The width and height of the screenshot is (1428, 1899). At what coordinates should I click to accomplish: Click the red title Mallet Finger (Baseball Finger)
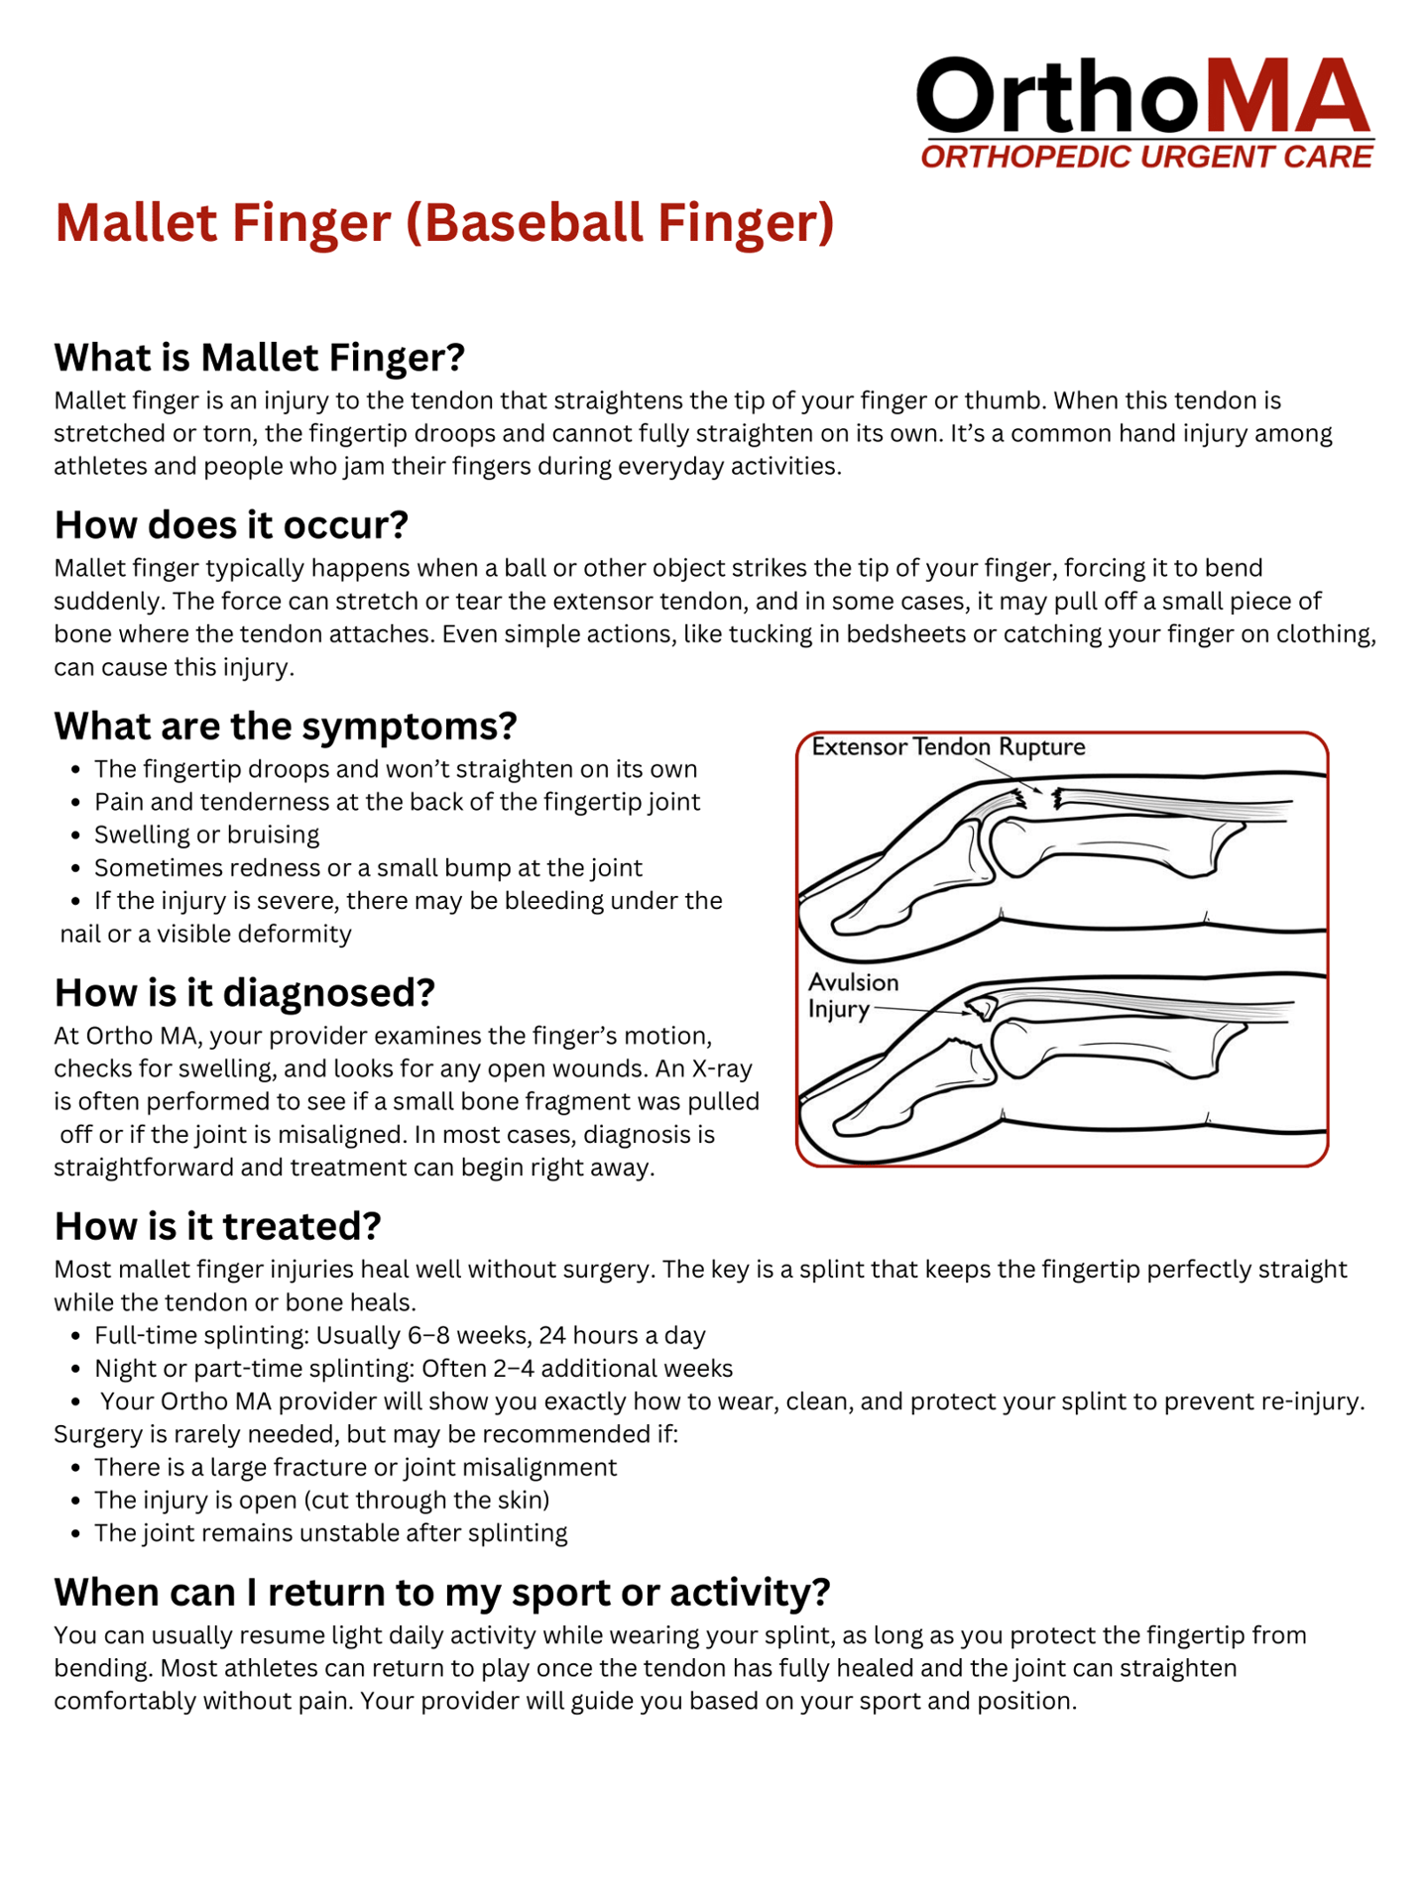point(444,222)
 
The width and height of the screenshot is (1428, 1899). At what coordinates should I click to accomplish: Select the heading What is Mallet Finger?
point(259,358)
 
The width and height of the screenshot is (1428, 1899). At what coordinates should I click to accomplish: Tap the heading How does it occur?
point(231,525)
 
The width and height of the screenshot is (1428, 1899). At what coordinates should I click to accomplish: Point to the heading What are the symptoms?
point(286,726)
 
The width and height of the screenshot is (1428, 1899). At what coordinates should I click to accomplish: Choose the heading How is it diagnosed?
point(245,993)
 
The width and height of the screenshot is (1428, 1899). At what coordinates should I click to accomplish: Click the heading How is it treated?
point(217,1227)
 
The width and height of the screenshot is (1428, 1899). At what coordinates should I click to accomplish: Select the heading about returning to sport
point(441,1593)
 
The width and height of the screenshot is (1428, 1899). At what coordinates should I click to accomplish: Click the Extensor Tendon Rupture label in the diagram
point(948,747)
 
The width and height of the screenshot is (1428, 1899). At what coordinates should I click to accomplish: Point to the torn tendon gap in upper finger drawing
point(1041,797)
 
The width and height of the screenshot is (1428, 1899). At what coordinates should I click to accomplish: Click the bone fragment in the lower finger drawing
point(983,1008)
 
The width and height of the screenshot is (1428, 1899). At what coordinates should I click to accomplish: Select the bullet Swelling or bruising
point(206,835)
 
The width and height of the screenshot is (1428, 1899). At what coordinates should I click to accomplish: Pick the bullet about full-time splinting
point(400,1336)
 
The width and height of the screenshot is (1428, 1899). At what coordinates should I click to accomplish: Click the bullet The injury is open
point(321,1501)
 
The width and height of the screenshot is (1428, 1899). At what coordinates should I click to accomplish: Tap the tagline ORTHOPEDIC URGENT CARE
point(1146,157)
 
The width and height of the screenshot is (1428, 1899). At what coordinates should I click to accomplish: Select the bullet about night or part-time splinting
point(414,1369)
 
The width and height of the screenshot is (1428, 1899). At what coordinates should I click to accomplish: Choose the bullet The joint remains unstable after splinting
point(330,1533)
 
